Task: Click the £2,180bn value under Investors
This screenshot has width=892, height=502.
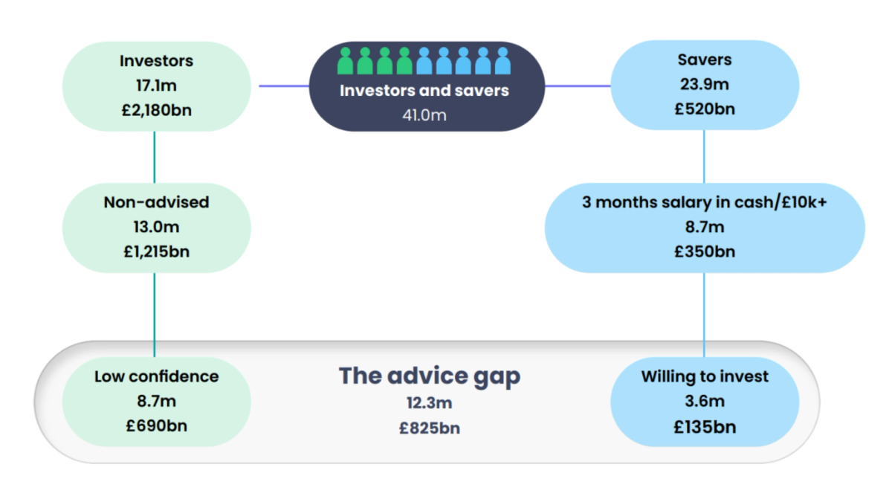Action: pyautogui.click(x=157, y=110)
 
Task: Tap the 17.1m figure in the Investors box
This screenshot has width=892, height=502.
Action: pyautogui.click(x=157, y=86)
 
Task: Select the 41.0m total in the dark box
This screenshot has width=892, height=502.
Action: pyautogui.click(x=424, y=115)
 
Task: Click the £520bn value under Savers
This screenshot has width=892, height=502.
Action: pyautogui.click(x=705, y=109)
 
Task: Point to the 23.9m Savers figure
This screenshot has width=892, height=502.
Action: pyautogui.click(x=705, y=84)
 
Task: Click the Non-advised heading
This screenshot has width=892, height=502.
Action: pyautogui.click(x=157, y=202)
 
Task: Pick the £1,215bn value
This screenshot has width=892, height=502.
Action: pyautogui.click(x=157, y=252)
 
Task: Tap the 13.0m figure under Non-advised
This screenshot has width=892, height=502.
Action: pyautogui.click(x=157, y=227)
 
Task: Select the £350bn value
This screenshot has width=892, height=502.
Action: pyautogui.click(x=705, y=252)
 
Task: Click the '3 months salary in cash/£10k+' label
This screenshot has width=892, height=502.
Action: pyautogui.click(x=705, y=202)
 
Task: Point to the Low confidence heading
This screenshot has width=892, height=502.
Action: pyautogui.click(x=157, y=376)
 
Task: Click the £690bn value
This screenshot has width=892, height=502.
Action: pyautogui.click(x=157, y=426)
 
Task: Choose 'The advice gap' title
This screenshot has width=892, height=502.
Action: pyautogui.click(x=430, y=376)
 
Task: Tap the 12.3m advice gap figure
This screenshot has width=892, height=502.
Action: pyautogui.click(x=430, y=403)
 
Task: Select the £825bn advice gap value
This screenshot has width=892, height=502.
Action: pyautogui.click(x=430, y=428)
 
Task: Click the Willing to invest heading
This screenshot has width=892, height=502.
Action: pyautogui.click(x=705, y=376)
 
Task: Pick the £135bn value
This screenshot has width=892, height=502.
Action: pyautogui.click(x=705, y=427)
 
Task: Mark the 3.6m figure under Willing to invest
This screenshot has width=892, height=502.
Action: pyautogui.click(x=705, y=401)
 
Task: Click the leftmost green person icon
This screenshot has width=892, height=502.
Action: pyautogui.click(x=345, y=60)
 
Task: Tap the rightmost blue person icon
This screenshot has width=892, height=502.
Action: pyautogui.click(x=502, y=60)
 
